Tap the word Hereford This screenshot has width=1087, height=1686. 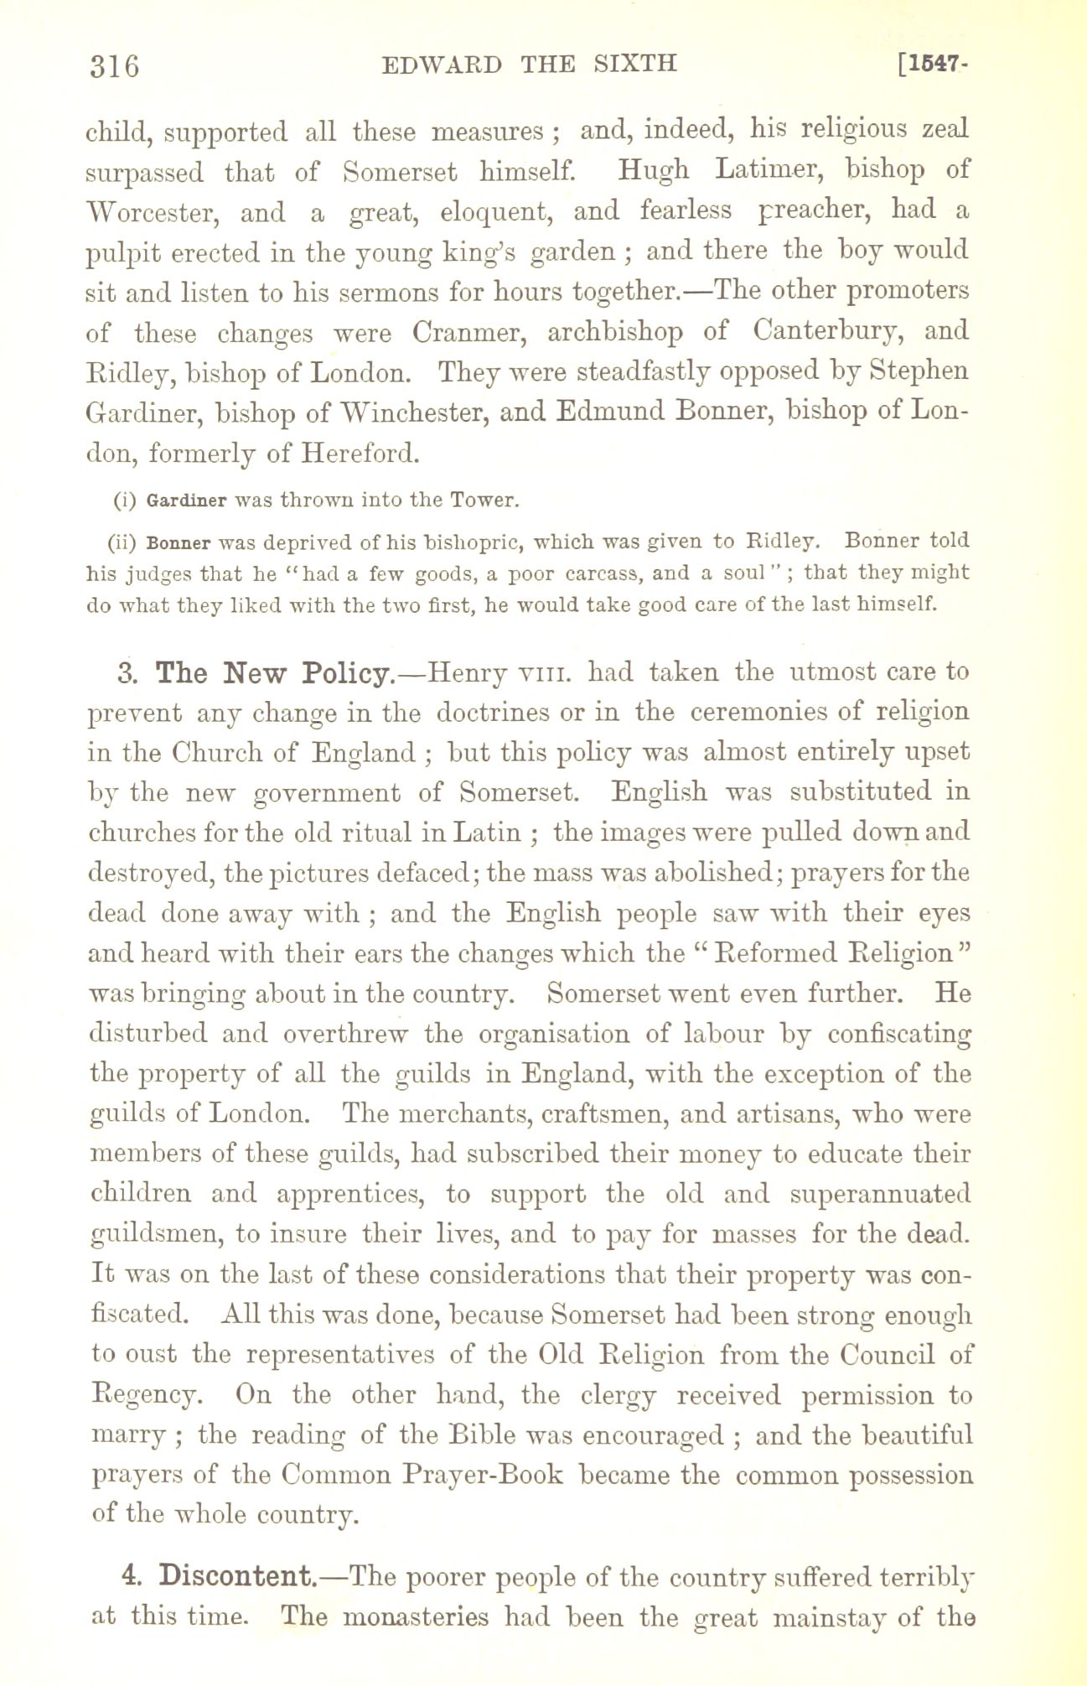360,454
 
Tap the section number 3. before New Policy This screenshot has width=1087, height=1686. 127,673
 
